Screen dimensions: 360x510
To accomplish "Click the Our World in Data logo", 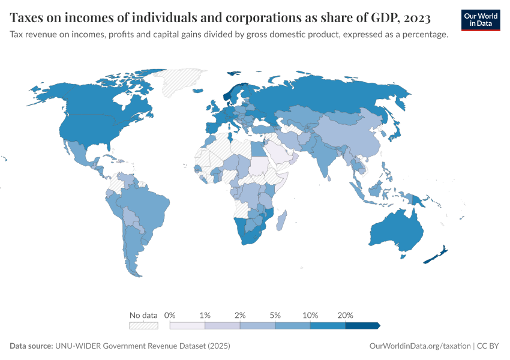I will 480,19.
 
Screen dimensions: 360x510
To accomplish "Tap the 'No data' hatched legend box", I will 143,325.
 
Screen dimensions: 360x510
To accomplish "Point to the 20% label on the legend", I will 346,315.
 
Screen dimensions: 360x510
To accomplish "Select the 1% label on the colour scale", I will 205,315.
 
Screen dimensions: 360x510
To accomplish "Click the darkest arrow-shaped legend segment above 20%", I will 362,325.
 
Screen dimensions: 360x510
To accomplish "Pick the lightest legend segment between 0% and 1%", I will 187,325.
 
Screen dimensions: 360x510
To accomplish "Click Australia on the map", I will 397,231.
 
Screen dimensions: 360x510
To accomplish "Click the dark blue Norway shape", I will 227,95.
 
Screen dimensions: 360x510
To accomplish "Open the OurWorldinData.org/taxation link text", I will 419,346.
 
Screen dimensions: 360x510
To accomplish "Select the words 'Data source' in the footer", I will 31,346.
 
